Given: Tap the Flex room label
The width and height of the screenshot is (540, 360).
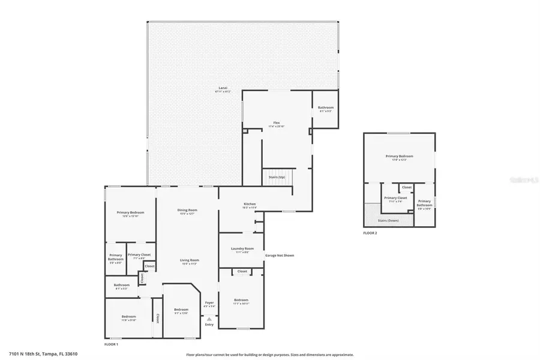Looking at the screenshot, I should coord(277,122).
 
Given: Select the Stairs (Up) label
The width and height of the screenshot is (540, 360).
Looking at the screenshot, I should coord(277,177).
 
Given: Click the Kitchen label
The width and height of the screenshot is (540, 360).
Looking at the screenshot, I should coord(249,204).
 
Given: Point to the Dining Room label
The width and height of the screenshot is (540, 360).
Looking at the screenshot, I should coord(187,210).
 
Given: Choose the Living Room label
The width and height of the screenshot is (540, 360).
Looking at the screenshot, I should coord(189,260).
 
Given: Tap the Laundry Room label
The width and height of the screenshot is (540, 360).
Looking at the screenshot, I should coord(242,248).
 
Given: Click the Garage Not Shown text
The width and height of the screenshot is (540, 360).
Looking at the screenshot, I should coord(280,255).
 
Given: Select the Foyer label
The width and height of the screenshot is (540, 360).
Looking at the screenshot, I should coord(209,302).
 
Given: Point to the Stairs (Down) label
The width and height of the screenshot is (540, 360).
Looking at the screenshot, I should coord(388,220).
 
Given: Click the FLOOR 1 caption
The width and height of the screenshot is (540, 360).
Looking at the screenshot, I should coord(112,344).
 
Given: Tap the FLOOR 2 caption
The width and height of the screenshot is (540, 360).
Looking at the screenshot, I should coord(370,232).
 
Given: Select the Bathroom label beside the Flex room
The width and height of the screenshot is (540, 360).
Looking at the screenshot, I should coord(326,108).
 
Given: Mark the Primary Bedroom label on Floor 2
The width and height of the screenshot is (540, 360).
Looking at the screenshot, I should coord(399,156).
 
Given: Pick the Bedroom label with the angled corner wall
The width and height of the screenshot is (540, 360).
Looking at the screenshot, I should coord(181,310).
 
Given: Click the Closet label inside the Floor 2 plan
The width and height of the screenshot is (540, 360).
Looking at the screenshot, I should coord(407,187).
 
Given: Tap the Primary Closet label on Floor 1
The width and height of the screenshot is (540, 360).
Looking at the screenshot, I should coord(139,254).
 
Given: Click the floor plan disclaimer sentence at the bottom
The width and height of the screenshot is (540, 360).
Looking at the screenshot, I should coord(269,355).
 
